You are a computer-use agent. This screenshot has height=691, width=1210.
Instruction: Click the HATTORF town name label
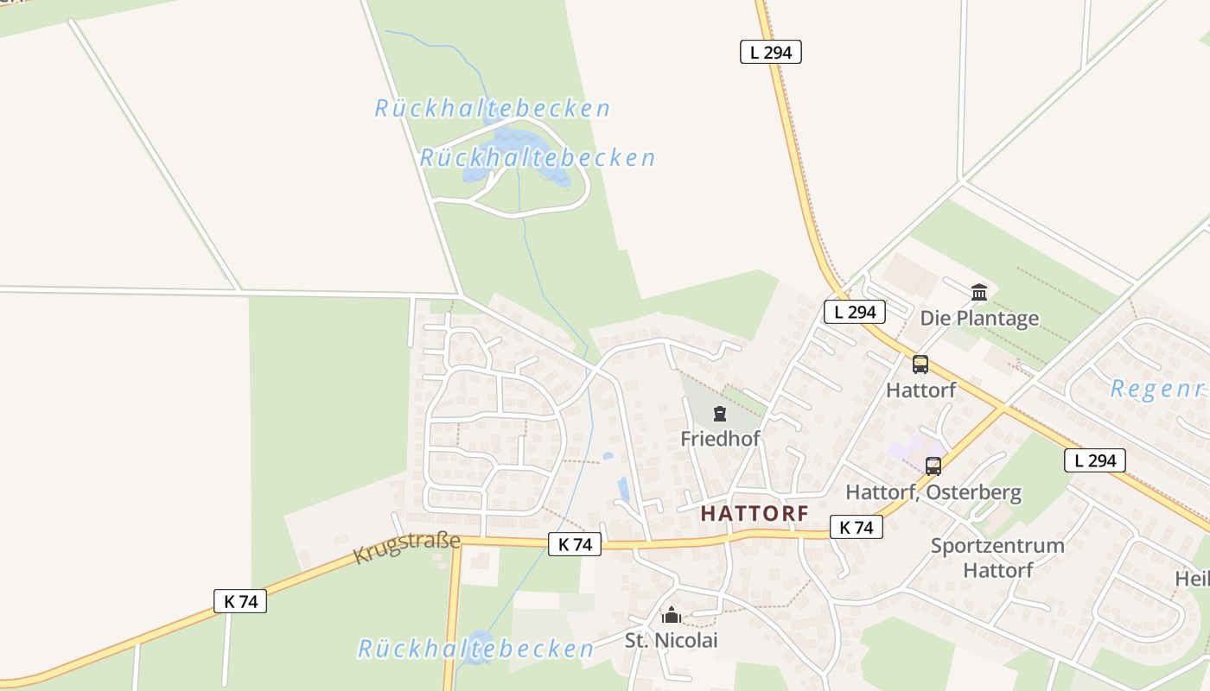[x=755, y=513]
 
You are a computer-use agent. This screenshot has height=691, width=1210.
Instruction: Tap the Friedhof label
[x=720, y=439]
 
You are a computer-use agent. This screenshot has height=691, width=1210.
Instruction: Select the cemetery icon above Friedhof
[x=720, y=415]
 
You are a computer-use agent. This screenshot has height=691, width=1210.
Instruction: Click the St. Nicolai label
[x=672, y=640]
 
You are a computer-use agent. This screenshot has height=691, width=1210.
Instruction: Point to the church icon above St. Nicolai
[x=672, y=616]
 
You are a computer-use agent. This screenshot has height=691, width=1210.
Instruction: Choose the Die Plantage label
[x=979, y=318]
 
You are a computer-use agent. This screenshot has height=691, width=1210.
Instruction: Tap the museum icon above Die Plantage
[x=979, y=293]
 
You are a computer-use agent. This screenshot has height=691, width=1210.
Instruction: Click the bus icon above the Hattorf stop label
[x=920, y=365]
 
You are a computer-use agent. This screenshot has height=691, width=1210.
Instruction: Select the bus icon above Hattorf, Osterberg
[x=933, y=466]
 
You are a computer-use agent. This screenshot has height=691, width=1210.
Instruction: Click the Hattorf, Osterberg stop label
[x=933, y=492]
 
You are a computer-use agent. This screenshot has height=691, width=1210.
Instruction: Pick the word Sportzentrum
[x=997, y=546]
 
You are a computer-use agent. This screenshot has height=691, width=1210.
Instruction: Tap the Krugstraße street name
[x=406, y=547]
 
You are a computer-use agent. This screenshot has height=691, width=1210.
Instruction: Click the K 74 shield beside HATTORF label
[x=856, y=527]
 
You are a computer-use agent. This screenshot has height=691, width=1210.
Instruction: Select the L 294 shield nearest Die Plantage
[x=855, y=312]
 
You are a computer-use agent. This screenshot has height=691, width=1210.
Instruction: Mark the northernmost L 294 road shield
[x=771, y=52]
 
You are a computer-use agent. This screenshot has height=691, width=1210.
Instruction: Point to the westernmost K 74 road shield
[x=240, y=601]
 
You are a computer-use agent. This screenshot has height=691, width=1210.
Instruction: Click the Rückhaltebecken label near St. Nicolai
[x=475, y=649]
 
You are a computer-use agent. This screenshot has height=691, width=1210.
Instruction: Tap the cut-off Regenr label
[x=1157, y=389]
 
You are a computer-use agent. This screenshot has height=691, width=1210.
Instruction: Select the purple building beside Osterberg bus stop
[x=906, y=447]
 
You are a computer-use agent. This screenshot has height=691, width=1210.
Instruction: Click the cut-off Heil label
[x=1192, y=578]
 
